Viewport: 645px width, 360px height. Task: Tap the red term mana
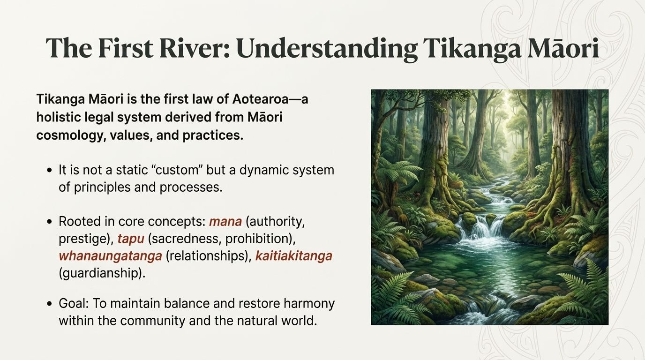(x=225, y=221)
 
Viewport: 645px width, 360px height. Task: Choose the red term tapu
(x=131, y=239)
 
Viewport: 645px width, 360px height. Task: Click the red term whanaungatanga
(x=110, y=256)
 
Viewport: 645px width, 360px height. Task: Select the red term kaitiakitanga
(x=293, y=256)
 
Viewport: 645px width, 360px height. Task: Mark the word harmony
(x=309, y=303)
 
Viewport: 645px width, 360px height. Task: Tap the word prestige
(x=84, y=239)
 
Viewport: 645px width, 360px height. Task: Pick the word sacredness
(x=185, y=239)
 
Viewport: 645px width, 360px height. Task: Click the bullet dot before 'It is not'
(x=49, y=170)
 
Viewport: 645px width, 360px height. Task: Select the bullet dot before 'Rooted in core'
(x=49, y=222)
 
